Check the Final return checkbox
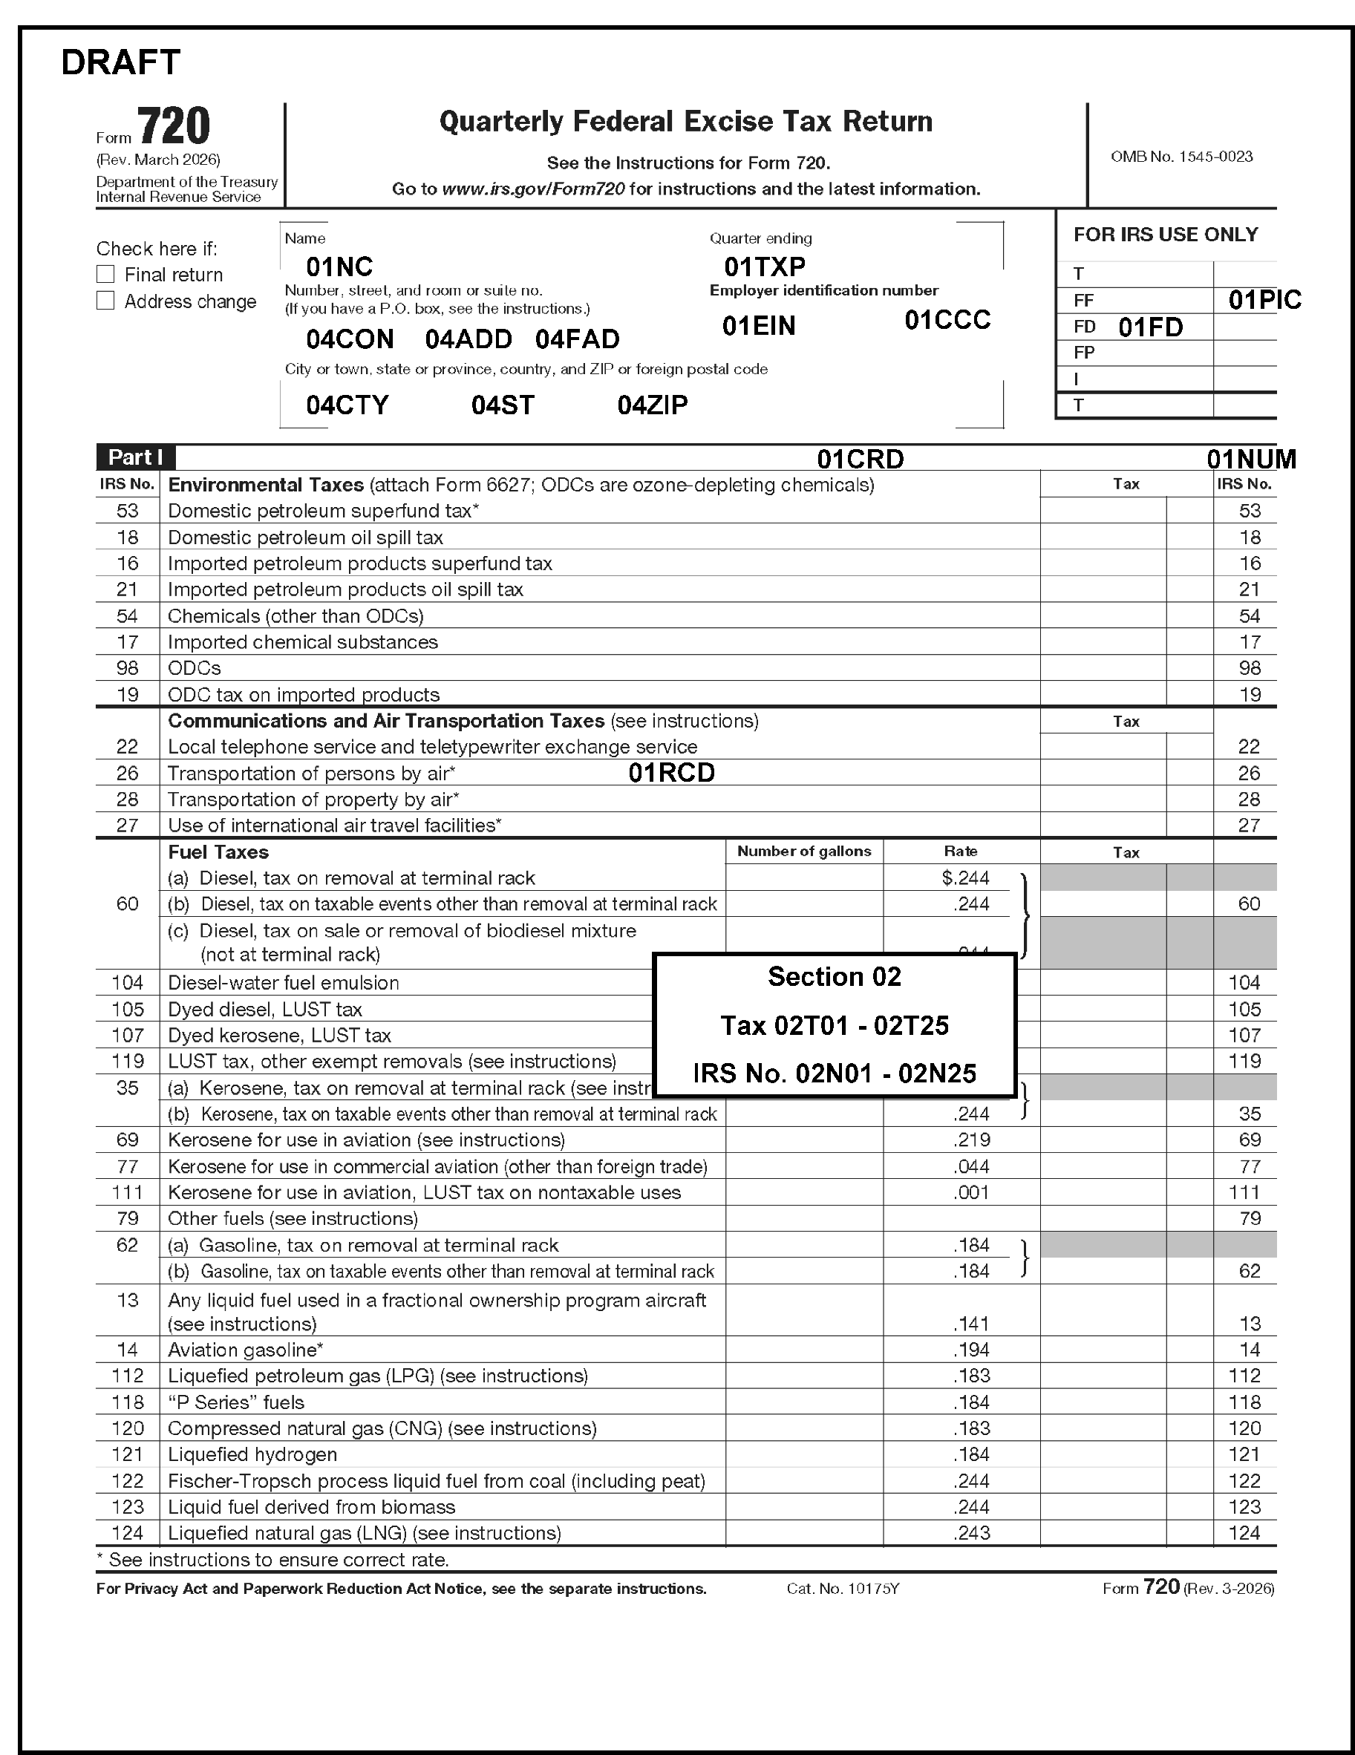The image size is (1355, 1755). [x=105, y=274]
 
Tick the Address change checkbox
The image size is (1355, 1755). [x=105, y=301]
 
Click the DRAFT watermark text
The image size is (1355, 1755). [x=120, y=62]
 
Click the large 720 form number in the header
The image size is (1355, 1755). [x=174, y=126]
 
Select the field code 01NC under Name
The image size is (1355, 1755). [x=339, y=266]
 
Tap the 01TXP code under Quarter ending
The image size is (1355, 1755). [x=764, y=266]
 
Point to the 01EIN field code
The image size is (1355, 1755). [x=759, y=325]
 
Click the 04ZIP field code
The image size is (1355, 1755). [x=653, y=404]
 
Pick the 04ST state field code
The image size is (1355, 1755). [x=503, y=404]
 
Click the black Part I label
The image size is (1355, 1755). [x=136, y=457]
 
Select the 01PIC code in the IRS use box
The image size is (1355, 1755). [x=1264, y=300]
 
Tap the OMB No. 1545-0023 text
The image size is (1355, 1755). [x=1181, y=157]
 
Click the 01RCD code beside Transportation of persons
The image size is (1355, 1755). [x=672, y=772]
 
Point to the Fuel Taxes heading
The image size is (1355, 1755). [x=218, y=852]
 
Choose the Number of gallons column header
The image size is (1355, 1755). [x=803, y=851]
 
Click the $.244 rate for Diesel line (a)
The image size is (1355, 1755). [x=965, y=877]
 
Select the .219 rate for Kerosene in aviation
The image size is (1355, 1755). [x=972, y=1140]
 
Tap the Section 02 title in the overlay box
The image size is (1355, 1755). [x=835, y=976]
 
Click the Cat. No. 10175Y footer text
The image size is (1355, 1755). [x=842, y=1588]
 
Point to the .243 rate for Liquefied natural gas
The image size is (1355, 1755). [x=972, y=1532]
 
